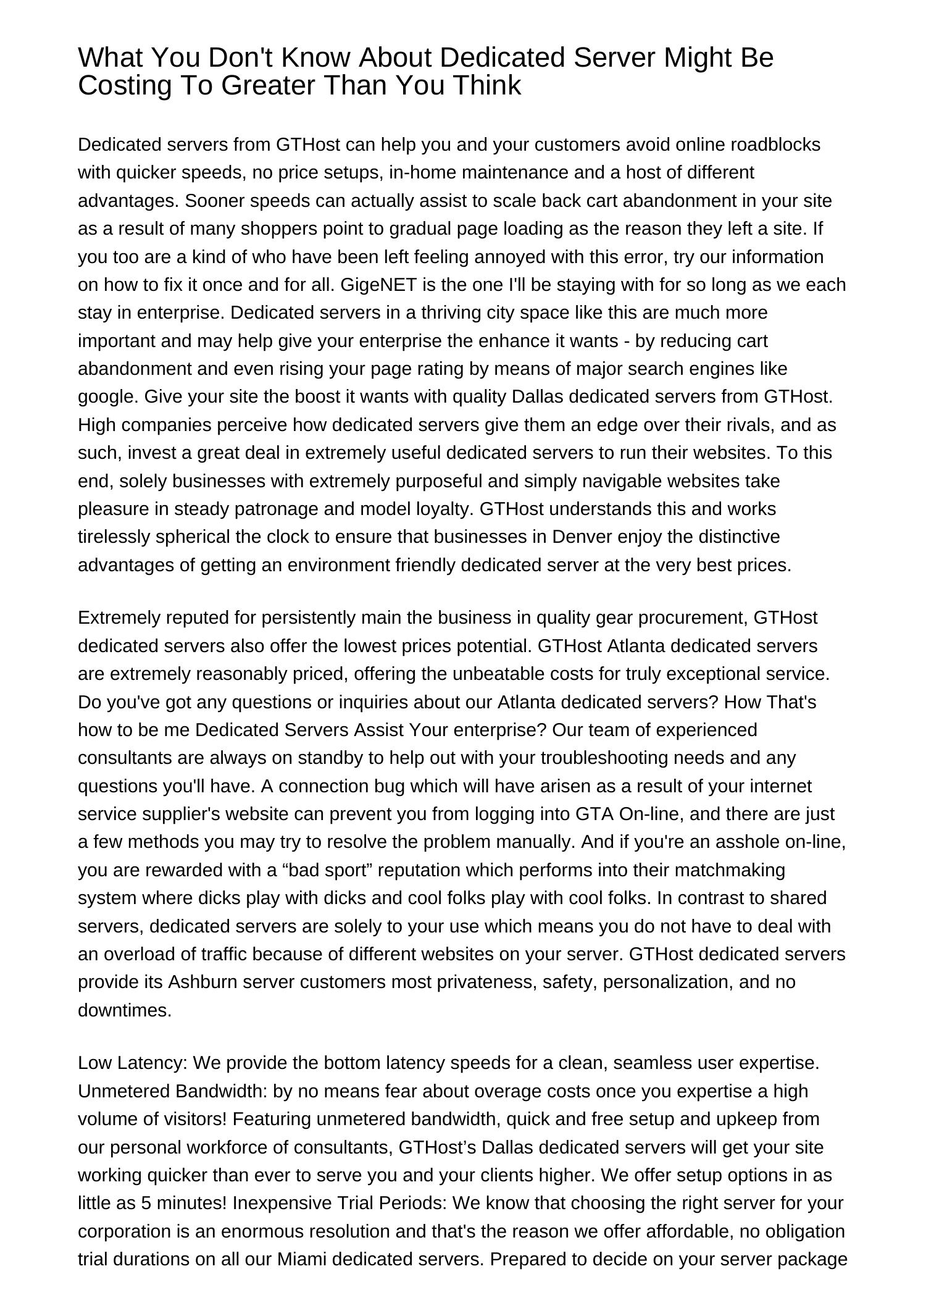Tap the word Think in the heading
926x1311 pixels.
[x=486, y=85]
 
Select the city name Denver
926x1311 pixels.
[x=579, y=537]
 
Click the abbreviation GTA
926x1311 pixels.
[x=594, y=814]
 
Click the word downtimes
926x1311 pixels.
[x=124, y=1010]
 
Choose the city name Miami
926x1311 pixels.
[x=302, y=1259]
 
